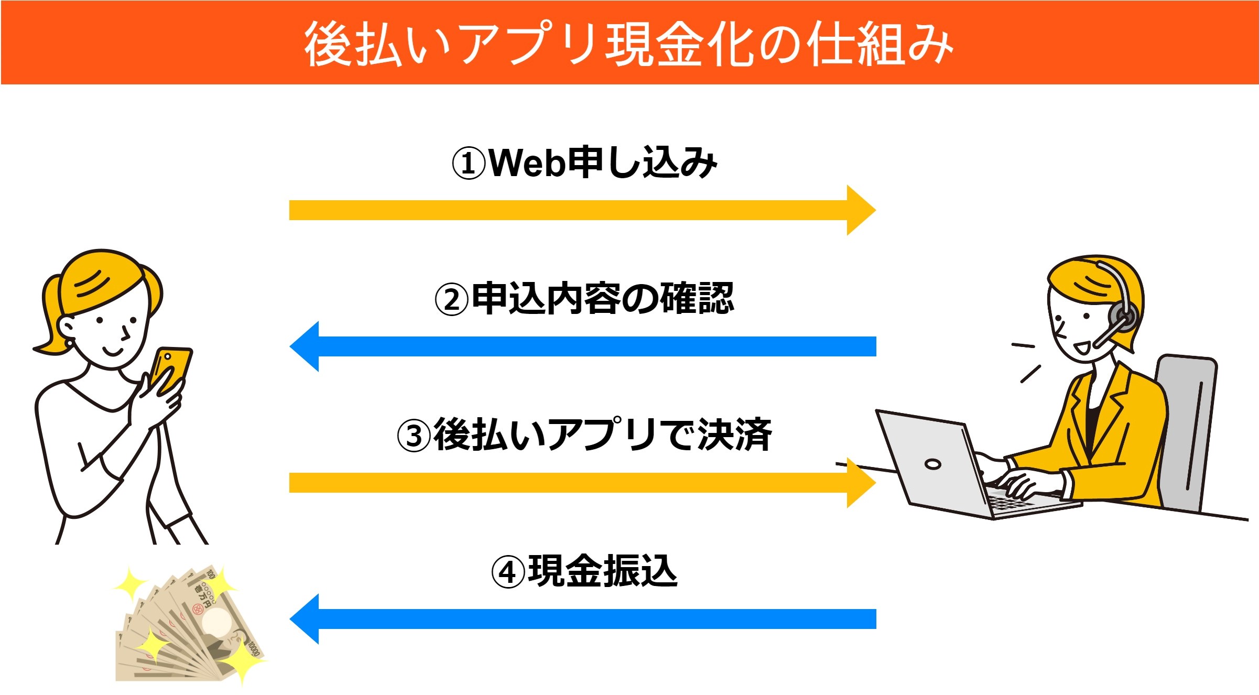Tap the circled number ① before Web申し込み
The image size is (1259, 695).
coord(469,164)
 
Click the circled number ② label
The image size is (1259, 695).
coord(451,300)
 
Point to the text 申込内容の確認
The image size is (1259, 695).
coord(603,299)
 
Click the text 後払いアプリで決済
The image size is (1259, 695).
coord(603,435)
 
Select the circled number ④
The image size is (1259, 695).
coord(507,572)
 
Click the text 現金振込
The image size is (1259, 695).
coord(603,571)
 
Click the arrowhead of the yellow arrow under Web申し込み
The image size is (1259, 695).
coord(860,210)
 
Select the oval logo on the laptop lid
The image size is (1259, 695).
coord(933,464)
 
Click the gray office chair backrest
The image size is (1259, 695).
coord(1187,430)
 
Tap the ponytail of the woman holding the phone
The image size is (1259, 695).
coord(50,314)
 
